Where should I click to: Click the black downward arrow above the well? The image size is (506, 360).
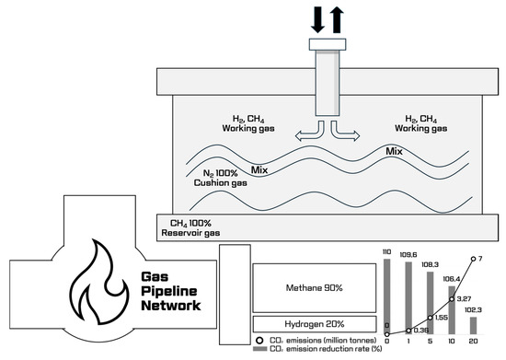click(x=317, y=20)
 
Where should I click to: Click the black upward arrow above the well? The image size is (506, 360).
click(x=337, y=20)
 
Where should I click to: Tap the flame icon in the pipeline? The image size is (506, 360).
click(x=99, y=282)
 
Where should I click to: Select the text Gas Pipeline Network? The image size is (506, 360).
click(x=171, y=291)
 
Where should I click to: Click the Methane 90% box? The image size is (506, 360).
click(x=315, y=288)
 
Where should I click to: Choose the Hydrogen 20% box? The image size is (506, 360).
click(x=315, y=324)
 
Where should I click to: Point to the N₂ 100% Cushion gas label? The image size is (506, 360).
click(x=221, y=178)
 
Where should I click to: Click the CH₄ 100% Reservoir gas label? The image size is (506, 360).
click(x=190, y=228)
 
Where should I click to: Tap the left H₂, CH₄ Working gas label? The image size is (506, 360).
click(x=248, y=123)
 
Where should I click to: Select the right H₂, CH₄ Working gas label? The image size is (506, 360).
click(x=420, y=123)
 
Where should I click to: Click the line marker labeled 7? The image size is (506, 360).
click(x=473, y=259)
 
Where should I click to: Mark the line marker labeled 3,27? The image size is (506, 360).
click(x=452, y=299)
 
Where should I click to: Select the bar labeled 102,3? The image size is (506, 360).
click(x=473, y=325)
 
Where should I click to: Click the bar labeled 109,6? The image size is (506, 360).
click(x=408, y=298)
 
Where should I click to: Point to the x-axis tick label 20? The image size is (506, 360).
click(x=473, y=341)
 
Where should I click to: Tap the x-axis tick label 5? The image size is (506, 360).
click(x=430, y=341)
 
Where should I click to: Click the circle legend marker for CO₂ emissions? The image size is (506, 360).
click(x=259, y=341)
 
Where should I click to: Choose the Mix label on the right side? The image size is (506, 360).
click(x=394, y=151)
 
